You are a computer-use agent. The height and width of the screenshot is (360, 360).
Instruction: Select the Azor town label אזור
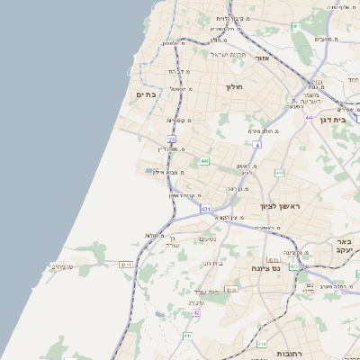click(264, 58)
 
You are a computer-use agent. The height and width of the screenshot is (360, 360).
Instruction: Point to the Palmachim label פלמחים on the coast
click(61, 266)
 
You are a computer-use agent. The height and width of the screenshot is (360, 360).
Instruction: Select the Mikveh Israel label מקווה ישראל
click(228, 54)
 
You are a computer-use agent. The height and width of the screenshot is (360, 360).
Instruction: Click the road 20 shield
click(171, 139)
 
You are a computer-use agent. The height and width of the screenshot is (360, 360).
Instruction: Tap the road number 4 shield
click(256, 145)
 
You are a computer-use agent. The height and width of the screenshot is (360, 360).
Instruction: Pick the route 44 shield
click(308, 118)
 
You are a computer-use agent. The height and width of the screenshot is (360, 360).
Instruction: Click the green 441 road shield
click(205, 161)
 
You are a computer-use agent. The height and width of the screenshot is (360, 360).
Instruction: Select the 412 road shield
click(279, 173)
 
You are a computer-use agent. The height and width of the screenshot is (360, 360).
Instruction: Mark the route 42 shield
click(195, 312)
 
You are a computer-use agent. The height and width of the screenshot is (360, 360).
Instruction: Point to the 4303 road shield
click(231, 290)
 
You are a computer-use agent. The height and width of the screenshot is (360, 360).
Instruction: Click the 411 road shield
click(187, 336)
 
